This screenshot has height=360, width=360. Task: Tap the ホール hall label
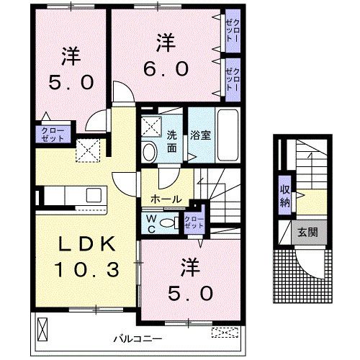[166, 198]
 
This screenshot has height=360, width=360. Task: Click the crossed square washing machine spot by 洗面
[150, 125]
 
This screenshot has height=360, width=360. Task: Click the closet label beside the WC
[193, 222]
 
